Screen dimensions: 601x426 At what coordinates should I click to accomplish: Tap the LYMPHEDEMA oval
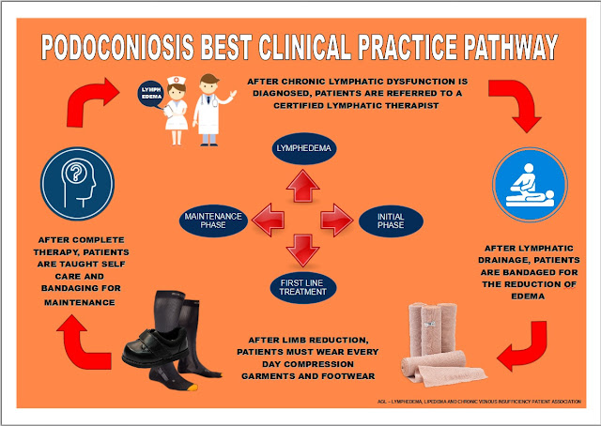click(302, 148)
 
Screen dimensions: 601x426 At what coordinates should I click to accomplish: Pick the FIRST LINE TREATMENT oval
click(302, 286)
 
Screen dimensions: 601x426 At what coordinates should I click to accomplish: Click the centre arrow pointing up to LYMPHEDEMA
click(302, 187)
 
